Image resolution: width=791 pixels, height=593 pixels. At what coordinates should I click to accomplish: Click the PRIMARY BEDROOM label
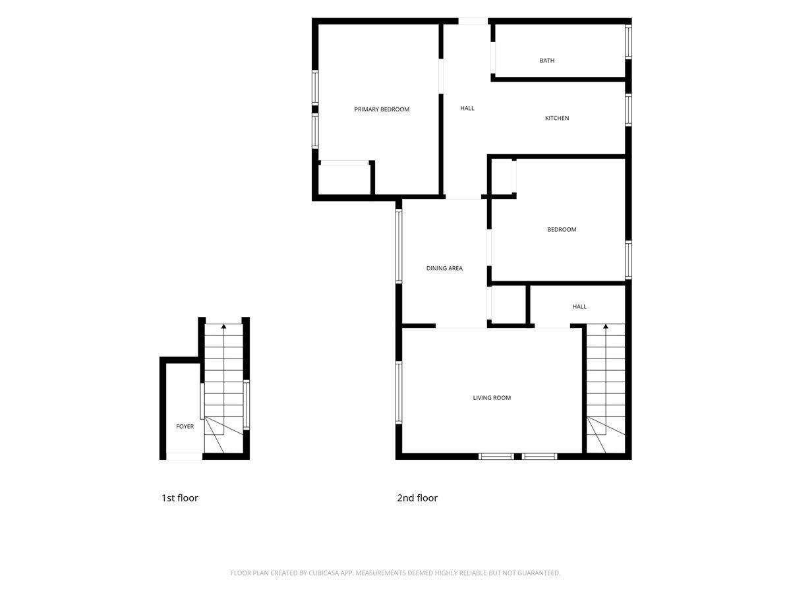click(381, 109)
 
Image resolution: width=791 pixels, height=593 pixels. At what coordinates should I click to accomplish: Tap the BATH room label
click(546, 60)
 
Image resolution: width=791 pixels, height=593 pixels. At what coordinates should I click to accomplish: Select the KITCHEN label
click(556, 118)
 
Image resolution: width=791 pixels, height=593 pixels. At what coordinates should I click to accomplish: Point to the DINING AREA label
click(444, 268)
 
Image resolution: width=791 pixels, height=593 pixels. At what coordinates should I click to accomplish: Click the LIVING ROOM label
click(492, 397)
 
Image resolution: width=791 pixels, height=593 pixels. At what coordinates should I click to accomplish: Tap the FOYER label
click(185, 426)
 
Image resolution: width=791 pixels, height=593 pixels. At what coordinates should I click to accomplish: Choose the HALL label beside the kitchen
click(467, 108)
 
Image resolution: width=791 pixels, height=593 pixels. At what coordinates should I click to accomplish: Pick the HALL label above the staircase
click(579, 306)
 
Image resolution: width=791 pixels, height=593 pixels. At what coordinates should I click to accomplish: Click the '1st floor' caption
click(179, 498)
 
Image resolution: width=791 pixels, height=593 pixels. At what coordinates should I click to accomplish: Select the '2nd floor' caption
click(417, 498)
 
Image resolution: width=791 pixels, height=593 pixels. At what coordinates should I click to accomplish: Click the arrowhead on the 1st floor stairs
click(223, 326)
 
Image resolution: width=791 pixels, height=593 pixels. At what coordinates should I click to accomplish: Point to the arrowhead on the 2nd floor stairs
click(605, 326)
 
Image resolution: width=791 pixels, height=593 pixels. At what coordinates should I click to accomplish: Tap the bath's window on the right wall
click(628, 42)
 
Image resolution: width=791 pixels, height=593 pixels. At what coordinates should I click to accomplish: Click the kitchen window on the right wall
click(628, 110)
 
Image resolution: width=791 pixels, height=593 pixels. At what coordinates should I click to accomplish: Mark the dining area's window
click(398, 246)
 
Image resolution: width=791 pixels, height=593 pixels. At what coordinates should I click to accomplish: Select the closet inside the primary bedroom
click(344, 179)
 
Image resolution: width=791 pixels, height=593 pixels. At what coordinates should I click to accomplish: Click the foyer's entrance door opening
click(184, 456)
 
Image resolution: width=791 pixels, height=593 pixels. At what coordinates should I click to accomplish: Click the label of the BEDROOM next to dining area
click(562, 229)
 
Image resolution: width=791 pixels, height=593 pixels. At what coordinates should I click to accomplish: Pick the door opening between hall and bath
click(492, 58)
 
